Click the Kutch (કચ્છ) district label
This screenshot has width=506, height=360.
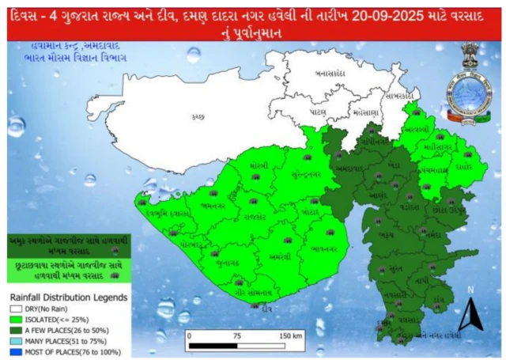(x=198, y=116)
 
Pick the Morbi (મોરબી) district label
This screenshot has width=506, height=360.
(x=259, y=165)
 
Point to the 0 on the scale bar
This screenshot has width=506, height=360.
(x=189, y=335)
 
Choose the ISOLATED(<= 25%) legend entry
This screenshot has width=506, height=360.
(x=47, y=318)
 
